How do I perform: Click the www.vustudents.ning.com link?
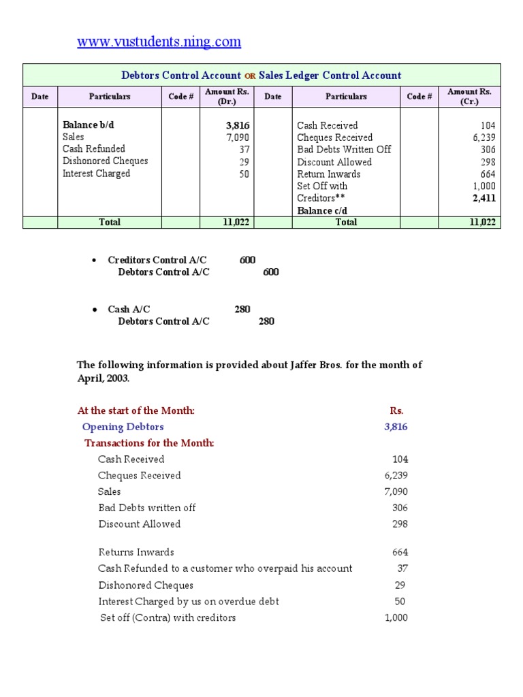click(x=159, y=42)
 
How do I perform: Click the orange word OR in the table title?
click(x=249, y=76)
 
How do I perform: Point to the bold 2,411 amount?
click(x=484, y=198)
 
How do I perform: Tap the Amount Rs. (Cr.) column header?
click(x=469, y=97)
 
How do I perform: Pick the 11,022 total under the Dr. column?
click(x=237, y=222)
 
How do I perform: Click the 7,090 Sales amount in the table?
click(x=237, y=137)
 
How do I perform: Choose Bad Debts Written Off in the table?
click(x=344, y=149)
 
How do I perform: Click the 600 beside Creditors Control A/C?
click(x=248, y=260)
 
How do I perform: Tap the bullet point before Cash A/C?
click(x=94, y=310)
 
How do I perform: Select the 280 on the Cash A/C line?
click(x=242, y=309)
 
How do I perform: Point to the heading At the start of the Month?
click(x=136, y=410)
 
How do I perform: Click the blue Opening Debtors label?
click(x=123, y=427)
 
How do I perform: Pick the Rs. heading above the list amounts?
click(x=396, y=410)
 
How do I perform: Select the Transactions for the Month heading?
click(x=149, y=443)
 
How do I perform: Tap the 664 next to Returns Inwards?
click(x=400, y=552)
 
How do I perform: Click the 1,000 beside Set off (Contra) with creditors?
click(x=396, y=617)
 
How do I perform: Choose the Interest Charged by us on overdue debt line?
click(x=189, y=602)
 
